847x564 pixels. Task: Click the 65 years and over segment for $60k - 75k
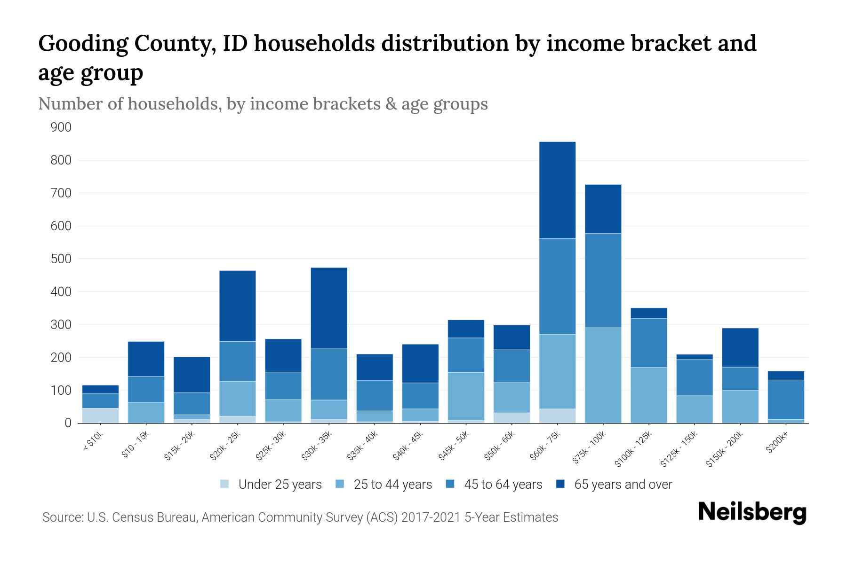[557, 190]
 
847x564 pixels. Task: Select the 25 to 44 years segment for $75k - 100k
[603, 375]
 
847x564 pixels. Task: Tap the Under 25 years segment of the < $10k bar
[100, 415]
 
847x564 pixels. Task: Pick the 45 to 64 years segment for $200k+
[786, 399]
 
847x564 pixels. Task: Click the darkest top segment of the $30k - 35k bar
[329, 308]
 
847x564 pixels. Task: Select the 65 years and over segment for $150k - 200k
[740, 347]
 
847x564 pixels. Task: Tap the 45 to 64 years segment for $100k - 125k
[648, 343]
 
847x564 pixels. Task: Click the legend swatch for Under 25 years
[225, 484]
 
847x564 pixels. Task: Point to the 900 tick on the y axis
[61, 127]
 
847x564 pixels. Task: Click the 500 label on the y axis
[61, 259]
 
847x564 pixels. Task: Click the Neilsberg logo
[752, 512]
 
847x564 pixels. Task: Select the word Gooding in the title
[83, 43]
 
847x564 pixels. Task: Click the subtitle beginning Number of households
[263, 104]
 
